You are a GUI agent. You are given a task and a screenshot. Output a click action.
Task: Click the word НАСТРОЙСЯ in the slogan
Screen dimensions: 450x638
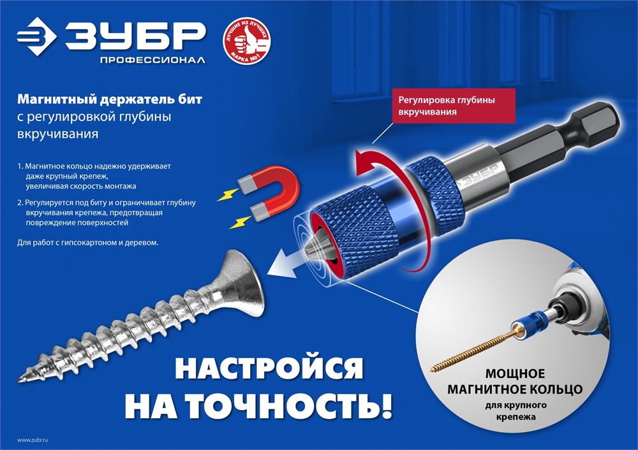pos(268,372)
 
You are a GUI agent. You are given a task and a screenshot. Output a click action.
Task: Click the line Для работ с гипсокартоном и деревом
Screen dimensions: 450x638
pos(87,243)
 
